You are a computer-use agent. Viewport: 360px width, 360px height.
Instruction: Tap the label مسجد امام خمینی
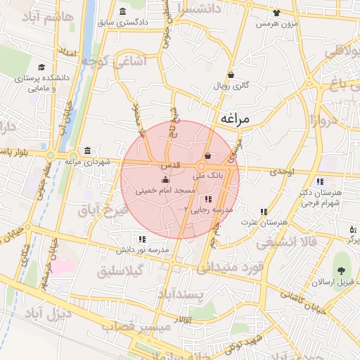pos(165,190)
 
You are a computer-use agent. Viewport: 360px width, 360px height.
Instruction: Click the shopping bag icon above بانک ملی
pos(207,156)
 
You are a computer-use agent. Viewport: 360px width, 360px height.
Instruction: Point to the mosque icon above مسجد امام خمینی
pos(165,179)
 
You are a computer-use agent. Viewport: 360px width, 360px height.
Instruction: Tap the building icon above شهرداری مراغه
pos(86,150)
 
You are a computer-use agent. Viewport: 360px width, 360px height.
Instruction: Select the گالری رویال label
pos(231,86)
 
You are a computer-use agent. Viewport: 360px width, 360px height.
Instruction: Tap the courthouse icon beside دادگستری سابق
pos(124,11)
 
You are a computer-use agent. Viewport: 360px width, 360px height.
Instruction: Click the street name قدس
pos(172,164)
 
